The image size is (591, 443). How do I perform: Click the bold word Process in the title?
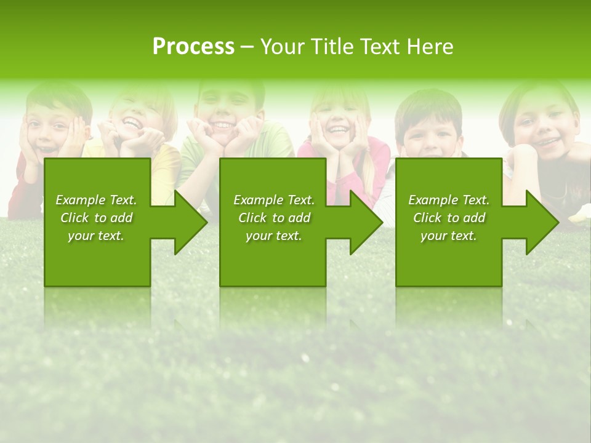193,47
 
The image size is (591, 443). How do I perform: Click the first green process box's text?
96,218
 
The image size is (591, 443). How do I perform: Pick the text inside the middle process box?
274,218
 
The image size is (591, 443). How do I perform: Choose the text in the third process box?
449,218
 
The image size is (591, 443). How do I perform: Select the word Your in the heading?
281,47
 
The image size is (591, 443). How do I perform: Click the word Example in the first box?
80,200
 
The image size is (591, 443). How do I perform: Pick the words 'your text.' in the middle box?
274,236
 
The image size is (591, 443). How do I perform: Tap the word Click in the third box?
427,218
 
